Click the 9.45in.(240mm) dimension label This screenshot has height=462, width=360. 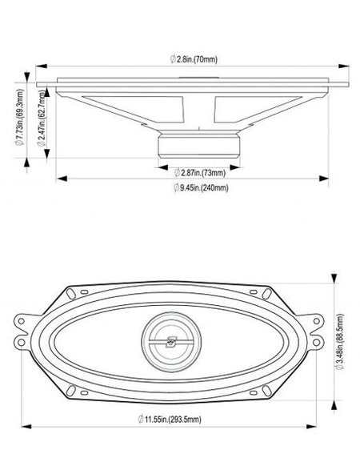[201, 187]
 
